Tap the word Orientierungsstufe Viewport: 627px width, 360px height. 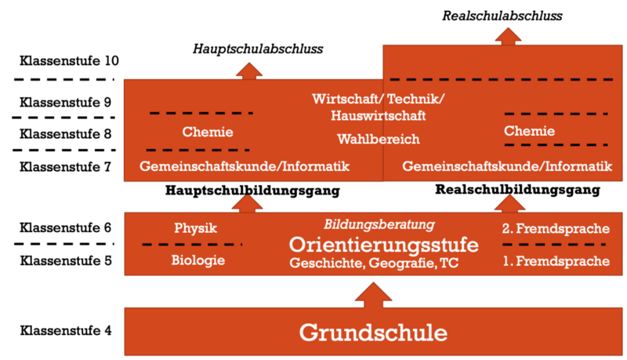[x=379, y=244]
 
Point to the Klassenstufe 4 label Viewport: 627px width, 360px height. [x=65, y=329]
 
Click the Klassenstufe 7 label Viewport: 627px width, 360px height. [x=65, y=166]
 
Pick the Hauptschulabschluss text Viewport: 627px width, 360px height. [x=259, y=49]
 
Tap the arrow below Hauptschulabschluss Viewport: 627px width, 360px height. [x=248, y=69]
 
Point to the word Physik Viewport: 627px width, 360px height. [x=195, y=228]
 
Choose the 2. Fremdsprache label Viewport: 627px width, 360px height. [x=556, y=229]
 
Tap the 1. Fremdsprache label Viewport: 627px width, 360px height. [x=556, y=260]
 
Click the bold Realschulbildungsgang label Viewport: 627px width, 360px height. [x=517, y=190]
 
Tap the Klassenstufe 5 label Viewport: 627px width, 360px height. [x=65, y=259]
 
